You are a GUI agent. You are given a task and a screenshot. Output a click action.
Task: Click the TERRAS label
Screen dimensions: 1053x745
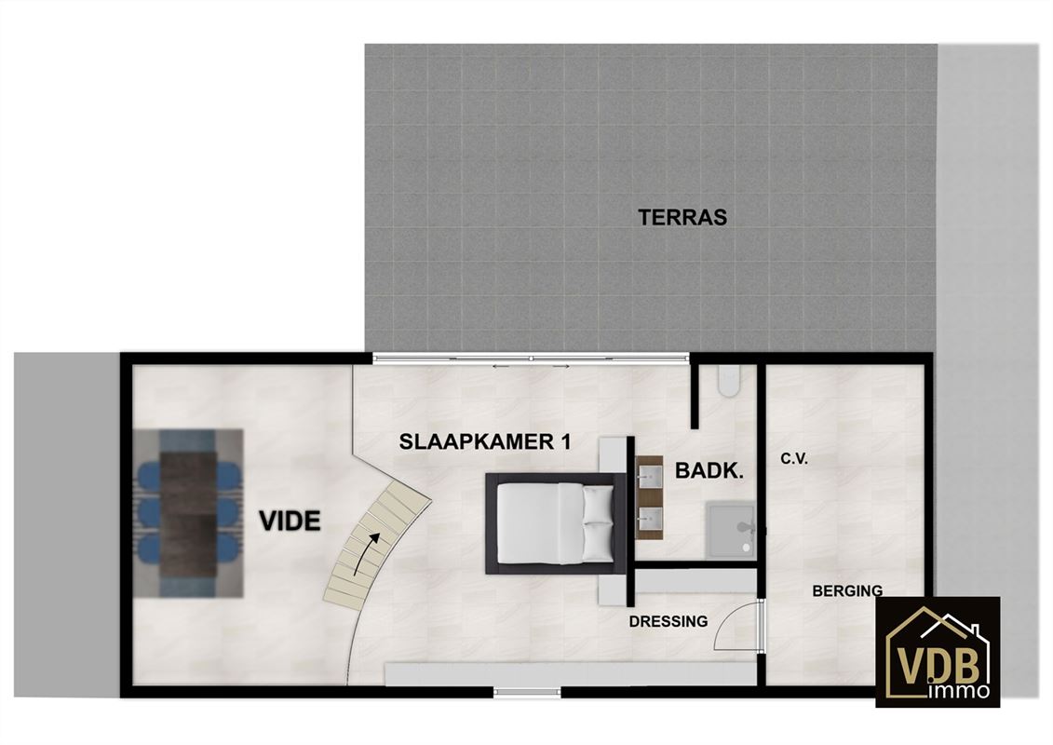point(682,217)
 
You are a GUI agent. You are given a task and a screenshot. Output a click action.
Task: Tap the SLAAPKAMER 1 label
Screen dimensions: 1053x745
point(485,442)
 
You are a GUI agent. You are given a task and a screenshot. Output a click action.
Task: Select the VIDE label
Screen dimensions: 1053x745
point(290,521)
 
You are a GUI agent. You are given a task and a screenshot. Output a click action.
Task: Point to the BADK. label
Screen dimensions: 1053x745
point(709,471)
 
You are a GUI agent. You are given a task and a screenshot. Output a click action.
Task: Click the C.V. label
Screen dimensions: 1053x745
point(794,459)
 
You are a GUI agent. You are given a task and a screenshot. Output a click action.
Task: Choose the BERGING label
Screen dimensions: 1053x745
point(847,591)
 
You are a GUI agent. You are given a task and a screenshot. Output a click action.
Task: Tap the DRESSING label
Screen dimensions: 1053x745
point(668,622)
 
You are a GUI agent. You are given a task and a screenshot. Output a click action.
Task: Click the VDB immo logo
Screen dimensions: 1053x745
point(938,652)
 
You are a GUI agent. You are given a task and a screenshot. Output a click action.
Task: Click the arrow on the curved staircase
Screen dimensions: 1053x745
point(367,549)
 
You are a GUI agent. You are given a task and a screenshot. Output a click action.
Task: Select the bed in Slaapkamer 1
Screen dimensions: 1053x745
point(556,523)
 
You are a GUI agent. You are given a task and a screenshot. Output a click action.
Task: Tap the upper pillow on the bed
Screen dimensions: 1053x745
point(598,505)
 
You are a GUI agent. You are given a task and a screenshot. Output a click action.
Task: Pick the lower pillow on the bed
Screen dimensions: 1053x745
point(598,542)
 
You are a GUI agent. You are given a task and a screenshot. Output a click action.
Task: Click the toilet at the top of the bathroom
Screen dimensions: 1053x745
point(727,380)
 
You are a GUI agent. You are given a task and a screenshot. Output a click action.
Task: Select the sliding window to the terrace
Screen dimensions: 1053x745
point(532,359)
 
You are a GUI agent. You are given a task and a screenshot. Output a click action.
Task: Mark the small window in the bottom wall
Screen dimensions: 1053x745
point(528,692)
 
